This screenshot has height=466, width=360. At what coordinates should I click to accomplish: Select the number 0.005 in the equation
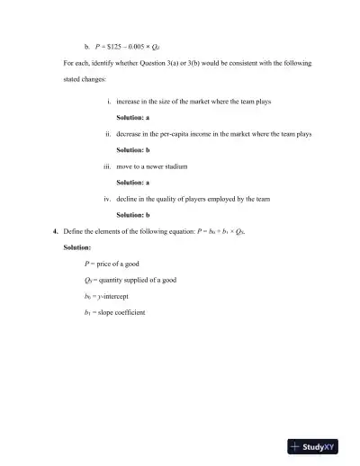147,43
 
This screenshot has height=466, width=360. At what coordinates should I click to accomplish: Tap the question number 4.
56,231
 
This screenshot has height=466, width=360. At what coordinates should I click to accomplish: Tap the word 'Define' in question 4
75,231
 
